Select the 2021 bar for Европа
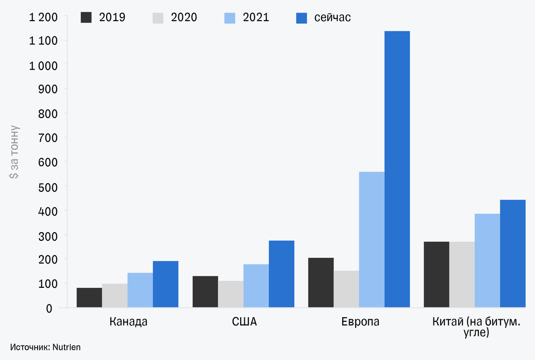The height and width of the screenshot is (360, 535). click(372, 239)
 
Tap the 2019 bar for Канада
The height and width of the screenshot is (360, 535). click(89, 298)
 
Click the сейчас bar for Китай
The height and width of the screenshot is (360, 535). click(512, 253)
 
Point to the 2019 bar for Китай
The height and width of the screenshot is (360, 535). click(436, 274)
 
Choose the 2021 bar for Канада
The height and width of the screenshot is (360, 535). click(140, 290)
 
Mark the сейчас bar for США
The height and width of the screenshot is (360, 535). click(281, 274)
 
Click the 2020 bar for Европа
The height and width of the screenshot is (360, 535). click(346, 289)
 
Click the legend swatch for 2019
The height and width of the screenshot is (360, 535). click(86, 18)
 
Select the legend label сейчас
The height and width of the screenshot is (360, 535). click(332, 18)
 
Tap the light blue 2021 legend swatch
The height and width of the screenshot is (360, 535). click(230, 18)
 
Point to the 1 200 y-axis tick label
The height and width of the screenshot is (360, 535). click(43, 17)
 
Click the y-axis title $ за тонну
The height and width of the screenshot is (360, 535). click(14, 152)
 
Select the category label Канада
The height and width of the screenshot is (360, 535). click(128, 322)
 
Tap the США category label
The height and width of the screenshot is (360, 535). click(244, 322)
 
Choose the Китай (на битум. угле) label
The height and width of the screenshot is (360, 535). click(476, 328)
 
